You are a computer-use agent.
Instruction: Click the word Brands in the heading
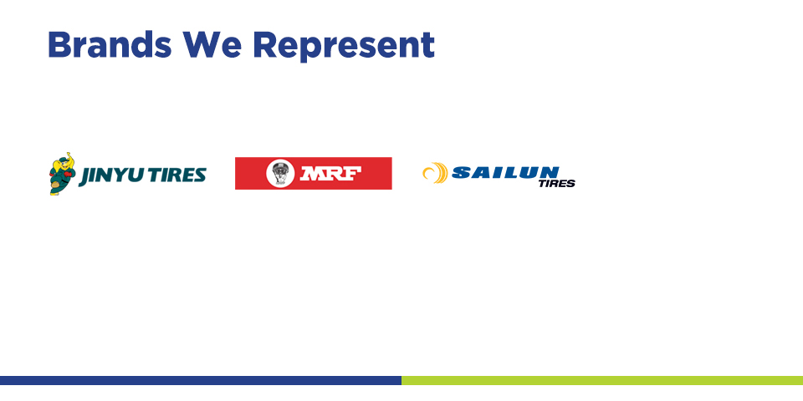[110, 44]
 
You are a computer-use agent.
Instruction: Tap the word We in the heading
[212, 44]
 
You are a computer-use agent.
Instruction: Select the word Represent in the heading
[344, 46]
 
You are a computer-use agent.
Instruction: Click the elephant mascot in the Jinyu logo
[63, 174]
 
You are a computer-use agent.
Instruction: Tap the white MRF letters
[330, 174]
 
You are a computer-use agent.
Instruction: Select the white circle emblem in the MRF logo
[280, 174]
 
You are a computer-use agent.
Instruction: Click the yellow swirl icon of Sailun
[436, 173]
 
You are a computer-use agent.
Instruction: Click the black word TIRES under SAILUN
[557, 184]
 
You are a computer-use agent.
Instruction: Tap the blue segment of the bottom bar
[201, 381]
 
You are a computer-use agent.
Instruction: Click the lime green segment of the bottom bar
[602, 381]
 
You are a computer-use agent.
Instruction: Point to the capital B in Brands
[59, 44]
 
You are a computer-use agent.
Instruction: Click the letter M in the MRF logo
[312, 174]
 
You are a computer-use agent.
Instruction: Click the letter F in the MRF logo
[353, 174]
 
